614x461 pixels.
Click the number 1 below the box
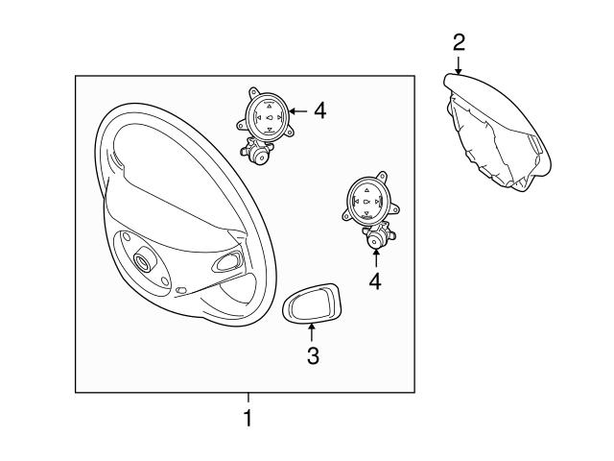point(248,418)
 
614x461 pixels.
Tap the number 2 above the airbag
point(459,42)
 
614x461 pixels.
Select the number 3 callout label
point(313,356)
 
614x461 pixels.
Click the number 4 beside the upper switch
point(319,110)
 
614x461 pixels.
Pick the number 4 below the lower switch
point(375,281)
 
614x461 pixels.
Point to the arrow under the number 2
point(459,64)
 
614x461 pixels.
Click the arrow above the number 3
point(312,333)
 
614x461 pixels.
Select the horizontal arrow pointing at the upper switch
point(298,111)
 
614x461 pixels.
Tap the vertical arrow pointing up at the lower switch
point(376,257)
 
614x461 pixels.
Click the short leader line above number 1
point(248,398)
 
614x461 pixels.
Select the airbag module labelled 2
point(497,133)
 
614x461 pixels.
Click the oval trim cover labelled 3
point(311,303)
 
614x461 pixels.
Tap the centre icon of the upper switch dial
point(270,117)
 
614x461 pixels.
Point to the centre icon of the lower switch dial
point(366,202)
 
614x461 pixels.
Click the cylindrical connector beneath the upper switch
point(256,153)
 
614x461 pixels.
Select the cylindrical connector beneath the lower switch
point(378,236)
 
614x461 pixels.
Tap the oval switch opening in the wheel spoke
point(226,262)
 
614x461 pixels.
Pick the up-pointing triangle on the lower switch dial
point(366,190)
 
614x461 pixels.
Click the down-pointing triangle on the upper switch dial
point(269,129)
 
